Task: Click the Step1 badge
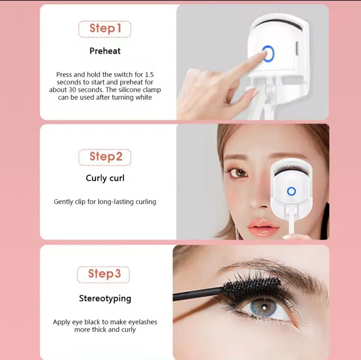point(105,29)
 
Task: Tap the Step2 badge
point(105,157)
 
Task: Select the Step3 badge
point(103,275)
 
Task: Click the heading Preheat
point(105,51)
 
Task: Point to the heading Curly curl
point(105,178)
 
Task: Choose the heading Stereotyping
point(105,299)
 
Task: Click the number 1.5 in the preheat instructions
point(149,75)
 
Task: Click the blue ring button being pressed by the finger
point(268,53)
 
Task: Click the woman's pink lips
point(263,227)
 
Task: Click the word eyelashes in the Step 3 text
point(142,322)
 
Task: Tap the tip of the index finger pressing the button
point(264,53)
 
